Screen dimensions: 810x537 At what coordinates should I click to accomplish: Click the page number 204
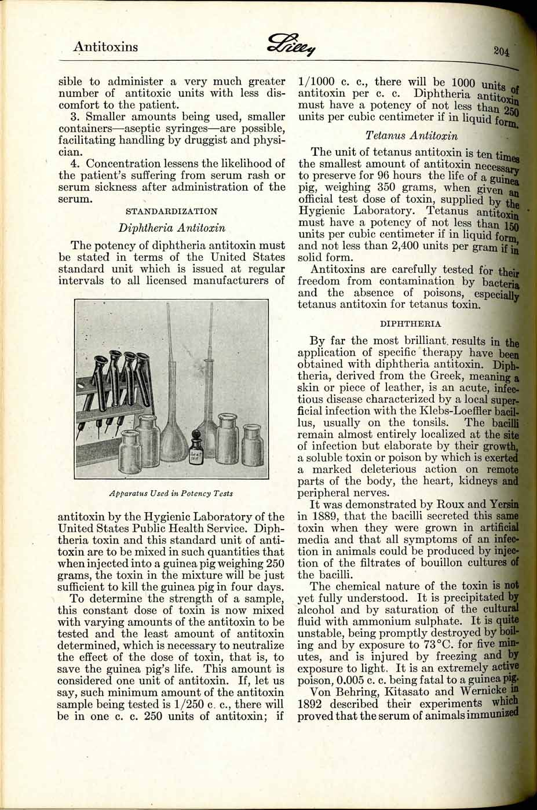click(x=502, y=51)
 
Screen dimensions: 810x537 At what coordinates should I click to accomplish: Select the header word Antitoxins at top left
click(x=105, y=47)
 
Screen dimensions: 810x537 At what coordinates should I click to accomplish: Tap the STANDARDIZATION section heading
click(x=171, y=211)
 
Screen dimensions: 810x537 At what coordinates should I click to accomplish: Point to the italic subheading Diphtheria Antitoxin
click(x=171, y=228)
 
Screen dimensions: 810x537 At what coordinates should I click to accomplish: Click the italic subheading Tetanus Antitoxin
click(x=411, y=136)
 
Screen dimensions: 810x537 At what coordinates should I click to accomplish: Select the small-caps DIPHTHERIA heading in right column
click(x=410, y=323)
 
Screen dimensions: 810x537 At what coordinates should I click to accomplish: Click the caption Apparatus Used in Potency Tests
click(x=171, y=494)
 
